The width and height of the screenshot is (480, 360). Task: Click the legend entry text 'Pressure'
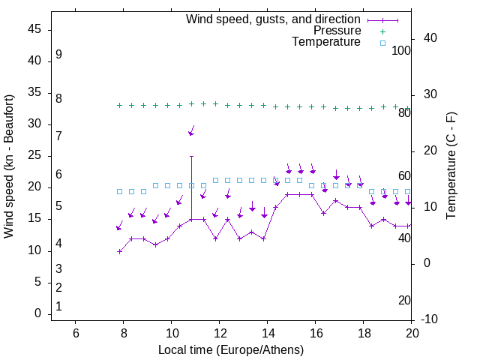337,31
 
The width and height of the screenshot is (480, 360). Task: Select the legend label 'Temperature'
326,42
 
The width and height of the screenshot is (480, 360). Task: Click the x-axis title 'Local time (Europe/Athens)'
231,349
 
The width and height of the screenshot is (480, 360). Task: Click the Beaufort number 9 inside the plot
58,55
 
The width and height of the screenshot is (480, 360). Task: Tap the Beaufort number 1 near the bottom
58,306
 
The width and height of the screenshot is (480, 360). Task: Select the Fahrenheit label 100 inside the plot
401,51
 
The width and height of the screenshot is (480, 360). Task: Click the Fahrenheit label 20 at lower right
404,301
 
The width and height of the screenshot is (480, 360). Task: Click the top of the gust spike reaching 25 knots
192,157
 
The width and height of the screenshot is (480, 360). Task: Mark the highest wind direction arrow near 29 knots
191,130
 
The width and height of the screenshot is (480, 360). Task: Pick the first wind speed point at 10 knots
120,251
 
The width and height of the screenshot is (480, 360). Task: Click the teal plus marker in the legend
382,31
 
